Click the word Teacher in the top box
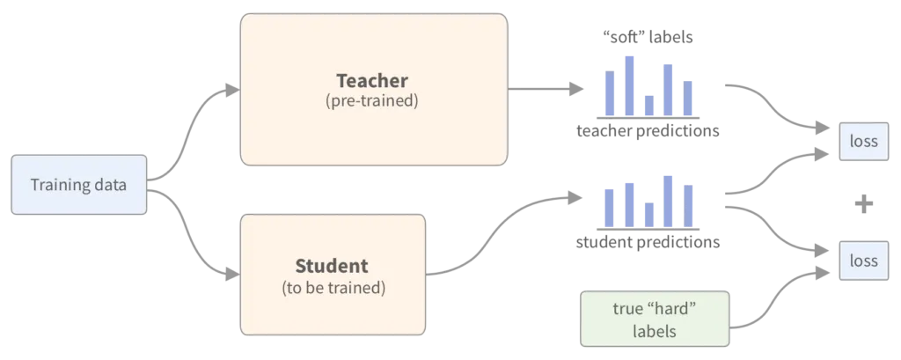coord(373,81)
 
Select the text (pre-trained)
coord(373,101)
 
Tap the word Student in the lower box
coord(332,266)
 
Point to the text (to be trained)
coord(333,287)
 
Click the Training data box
coord(78,186)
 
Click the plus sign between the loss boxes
coord(866,204)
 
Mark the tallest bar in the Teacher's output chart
coord(630,84)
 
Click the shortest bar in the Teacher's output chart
coord(649,105)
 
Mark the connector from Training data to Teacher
coord(189,132)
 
